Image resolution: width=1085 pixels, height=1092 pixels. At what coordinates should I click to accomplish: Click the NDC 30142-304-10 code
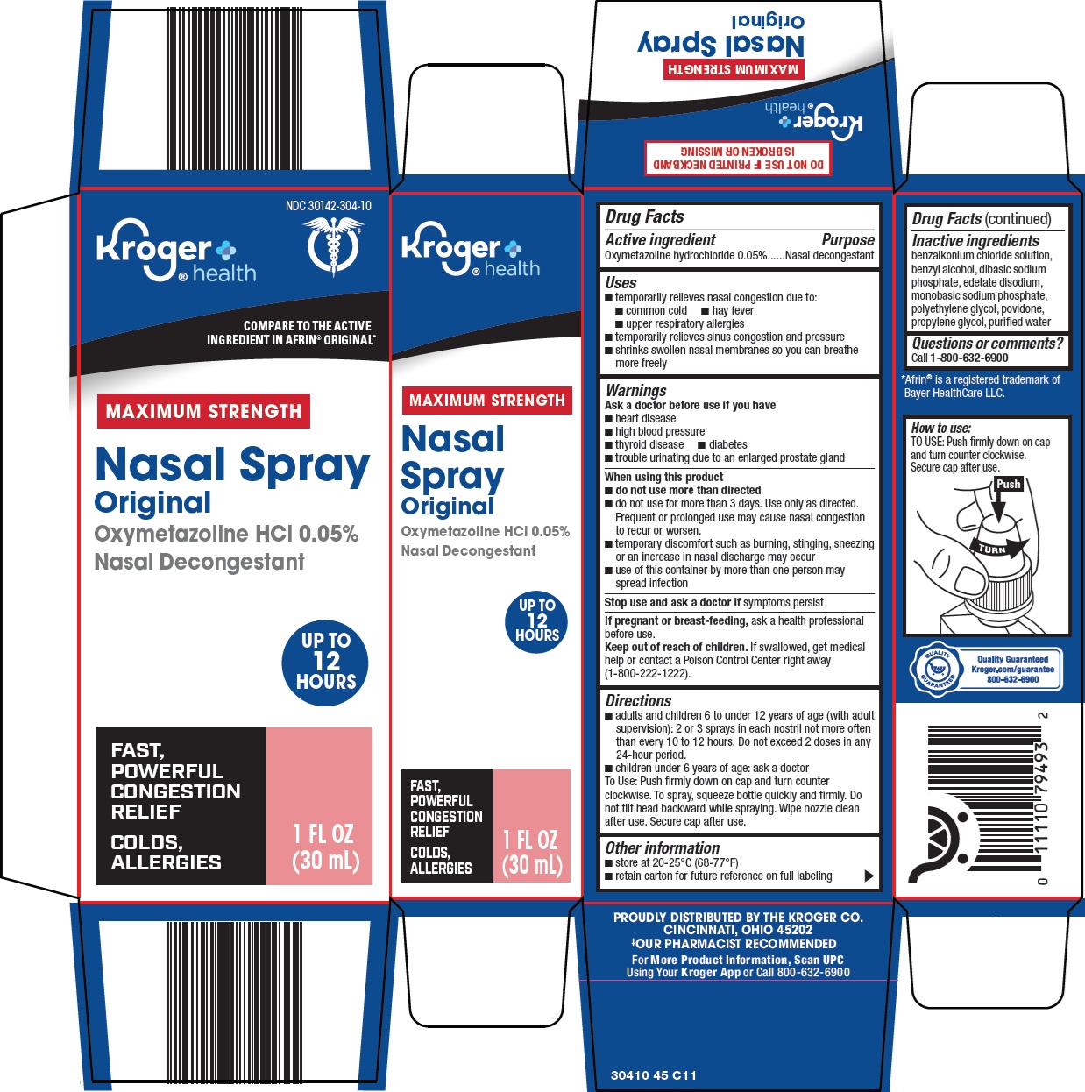tap(328, 206)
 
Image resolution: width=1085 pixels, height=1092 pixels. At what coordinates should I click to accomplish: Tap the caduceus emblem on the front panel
tap(333, 247)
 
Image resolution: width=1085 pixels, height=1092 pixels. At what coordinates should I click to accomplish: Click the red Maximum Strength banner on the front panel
tap(203, 411)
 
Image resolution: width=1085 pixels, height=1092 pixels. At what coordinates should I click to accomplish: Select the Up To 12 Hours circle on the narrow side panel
tap(536, 620)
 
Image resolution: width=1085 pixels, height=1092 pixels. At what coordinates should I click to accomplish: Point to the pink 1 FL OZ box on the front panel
tap(320, 805)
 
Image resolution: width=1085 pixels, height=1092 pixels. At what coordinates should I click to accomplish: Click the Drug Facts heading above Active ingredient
tap(645, 216)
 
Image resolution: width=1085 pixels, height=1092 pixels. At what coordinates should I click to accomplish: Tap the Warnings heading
tap(635, 390)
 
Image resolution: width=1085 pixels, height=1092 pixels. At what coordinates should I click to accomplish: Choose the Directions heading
tap(638, 700)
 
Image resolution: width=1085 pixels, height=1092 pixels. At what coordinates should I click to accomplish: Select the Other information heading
tap(663, 847)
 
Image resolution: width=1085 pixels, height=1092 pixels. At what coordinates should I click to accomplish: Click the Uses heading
tap(621, 282)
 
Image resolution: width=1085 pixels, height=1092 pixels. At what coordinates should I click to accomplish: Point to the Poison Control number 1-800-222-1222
tap(648, 674)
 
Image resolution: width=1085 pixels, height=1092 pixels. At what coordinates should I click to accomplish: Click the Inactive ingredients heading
tap(975, 240)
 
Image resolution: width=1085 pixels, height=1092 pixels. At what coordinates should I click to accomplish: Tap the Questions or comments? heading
tap(987, 344)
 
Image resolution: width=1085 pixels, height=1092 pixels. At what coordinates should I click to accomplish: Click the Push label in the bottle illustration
tap(1008, 484)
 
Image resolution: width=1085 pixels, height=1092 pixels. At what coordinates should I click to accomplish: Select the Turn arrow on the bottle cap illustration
tap(999, 549)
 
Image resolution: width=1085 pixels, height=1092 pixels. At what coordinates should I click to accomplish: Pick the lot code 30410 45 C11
tap(654, 1075)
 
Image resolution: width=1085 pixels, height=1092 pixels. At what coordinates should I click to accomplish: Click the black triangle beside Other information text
tap(869, 876)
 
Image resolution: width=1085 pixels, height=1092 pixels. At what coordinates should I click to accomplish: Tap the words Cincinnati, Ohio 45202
tap(738, 930)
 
